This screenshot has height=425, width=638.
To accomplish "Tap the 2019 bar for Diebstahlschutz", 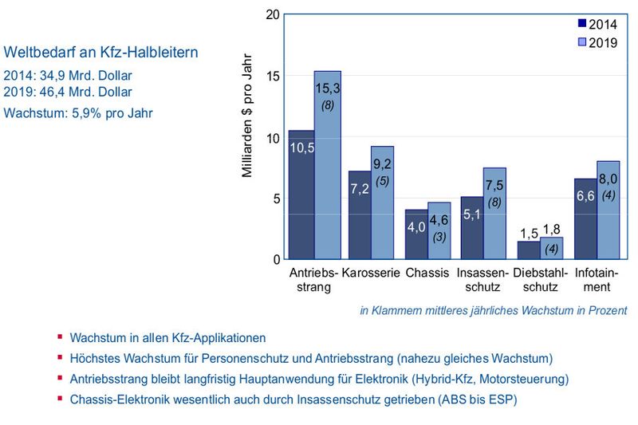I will point(551,248).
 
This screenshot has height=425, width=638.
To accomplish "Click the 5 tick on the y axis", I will point(276,199).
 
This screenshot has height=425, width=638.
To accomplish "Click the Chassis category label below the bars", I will point(427,273).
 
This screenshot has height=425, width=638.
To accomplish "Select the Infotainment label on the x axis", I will point(597,279).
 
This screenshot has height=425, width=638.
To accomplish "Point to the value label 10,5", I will point(301,148).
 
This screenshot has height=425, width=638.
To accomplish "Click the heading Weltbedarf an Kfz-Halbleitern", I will point(101,53).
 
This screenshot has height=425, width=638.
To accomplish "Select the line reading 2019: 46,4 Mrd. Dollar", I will point(68,92).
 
